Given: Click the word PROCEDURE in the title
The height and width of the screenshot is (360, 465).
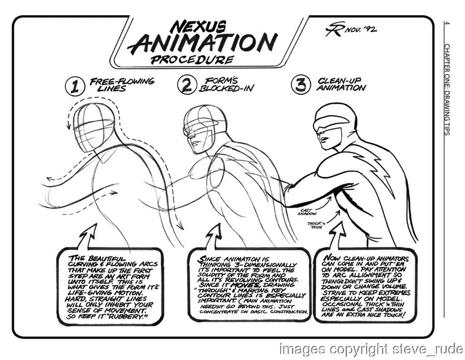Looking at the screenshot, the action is [192, 60].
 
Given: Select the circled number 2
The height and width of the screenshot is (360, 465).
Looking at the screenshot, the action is [187, 85].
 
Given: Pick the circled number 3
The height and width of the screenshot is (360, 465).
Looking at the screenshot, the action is [301, 84].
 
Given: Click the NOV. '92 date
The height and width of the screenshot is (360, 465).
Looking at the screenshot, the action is [361, 29].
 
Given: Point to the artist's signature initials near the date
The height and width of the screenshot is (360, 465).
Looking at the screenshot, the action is [335, 29].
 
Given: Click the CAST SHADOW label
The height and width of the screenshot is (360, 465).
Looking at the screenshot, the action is [307, 212].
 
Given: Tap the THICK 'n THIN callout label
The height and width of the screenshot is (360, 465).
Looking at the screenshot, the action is [316, 225].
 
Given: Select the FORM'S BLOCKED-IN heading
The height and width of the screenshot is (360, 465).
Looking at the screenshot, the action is [227, 85].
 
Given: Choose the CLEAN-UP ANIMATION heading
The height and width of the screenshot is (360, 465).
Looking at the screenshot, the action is [341, 84].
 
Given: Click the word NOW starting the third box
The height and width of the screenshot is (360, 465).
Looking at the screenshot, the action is [332, 258].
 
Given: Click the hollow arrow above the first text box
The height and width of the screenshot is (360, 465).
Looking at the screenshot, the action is [88, 236].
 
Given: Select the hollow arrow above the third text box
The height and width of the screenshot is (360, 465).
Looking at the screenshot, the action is [337, 235].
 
